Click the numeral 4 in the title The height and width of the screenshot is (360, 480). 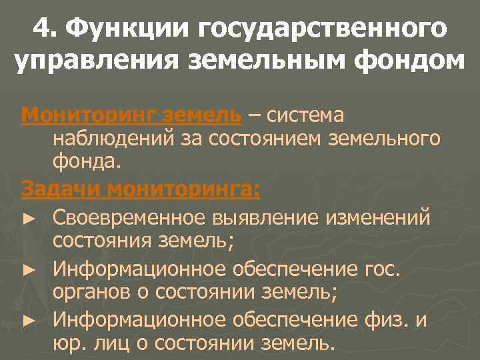(41, 29)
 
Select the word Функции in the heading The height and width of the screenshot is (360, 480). (125, 29)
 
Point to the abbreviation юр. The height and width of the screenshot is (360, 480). (67, 343)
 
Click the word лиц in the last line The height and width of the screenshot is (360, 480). (109, 343)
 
